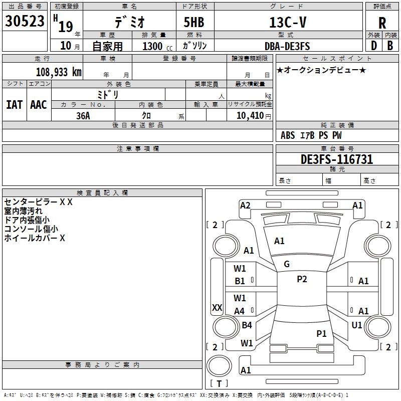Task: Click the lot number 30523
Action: coord(25,22)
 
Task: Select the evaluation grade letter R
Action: coord(382,23)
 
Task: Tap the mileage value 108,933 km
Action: coord(59,72)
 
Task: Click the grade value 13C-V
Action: coord(287,22)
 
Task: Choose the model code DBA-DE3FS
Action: coord(287,46)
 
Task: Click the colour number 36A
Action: coord(83,115)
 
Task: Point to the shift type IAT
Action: coord(14,104)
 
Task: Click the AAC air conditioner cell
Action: coord(38,104)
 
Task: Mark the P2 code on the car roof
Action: coord(302,279)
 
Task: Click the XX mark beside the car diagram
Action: coord(217,308)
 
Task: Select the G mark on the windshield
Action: coord(287,264)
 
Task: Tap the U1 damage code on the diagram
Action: coord(357,325)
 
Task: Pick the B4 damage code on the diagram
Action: coord(247,325)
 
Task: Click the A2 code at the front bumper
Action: coord(245,205)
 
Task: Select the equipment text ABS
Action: coord(288,135)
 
